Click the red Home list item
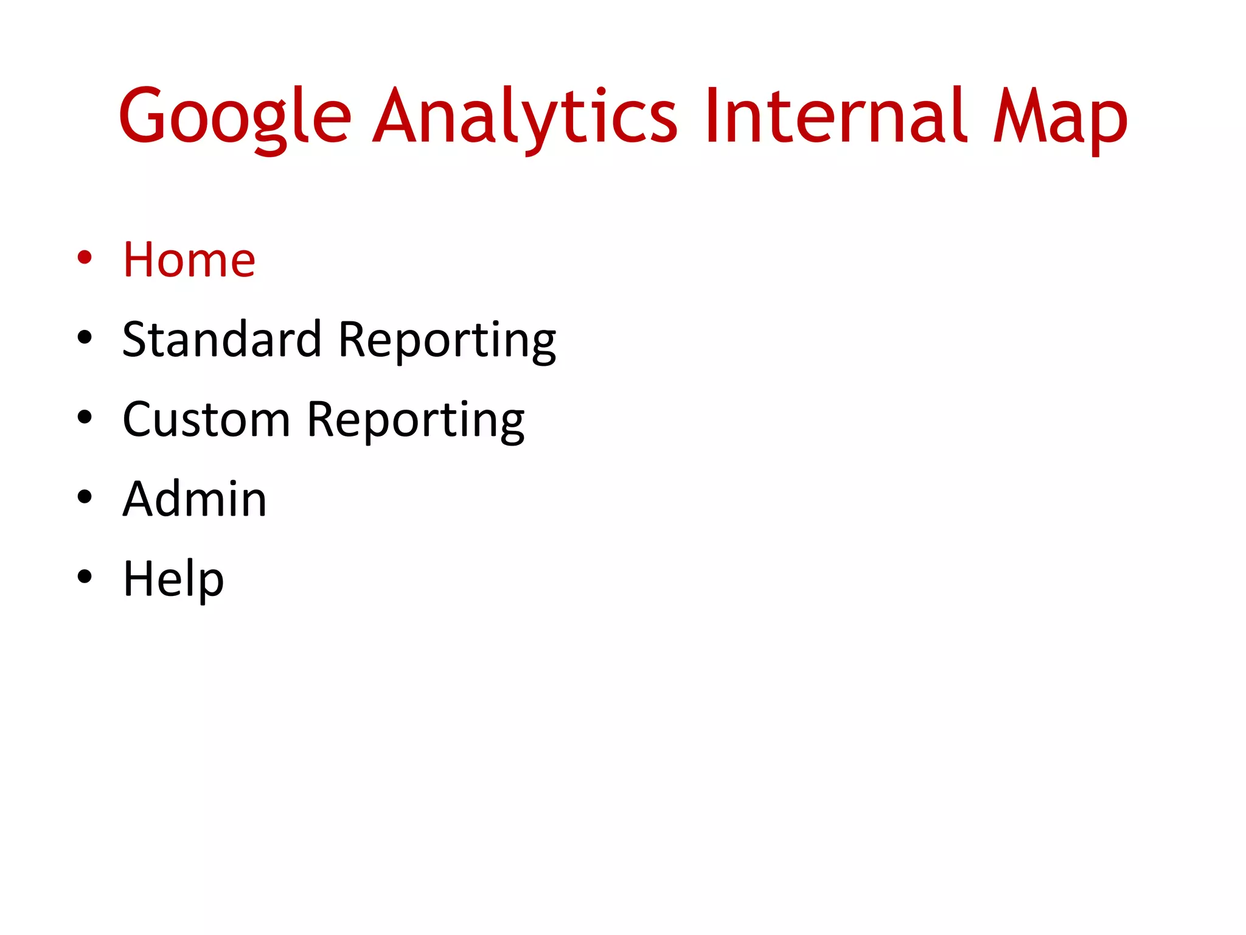point(189,260)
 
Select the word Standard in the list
point(221,339)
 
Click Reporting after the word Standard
point(447,339)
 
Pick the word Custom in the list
point(206,419)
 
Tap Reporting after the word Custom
point(416,419)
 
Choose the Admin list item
point(195,499)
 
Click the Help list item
point(173,579)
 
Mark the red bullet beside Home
point(85,257)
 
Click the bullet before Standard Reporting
point(85,337)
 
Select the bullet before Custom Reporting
point(85,417)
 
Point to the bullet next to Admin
point(85,497)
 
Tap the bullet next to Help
point(85,576)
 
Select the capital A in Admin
point(141,499)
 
